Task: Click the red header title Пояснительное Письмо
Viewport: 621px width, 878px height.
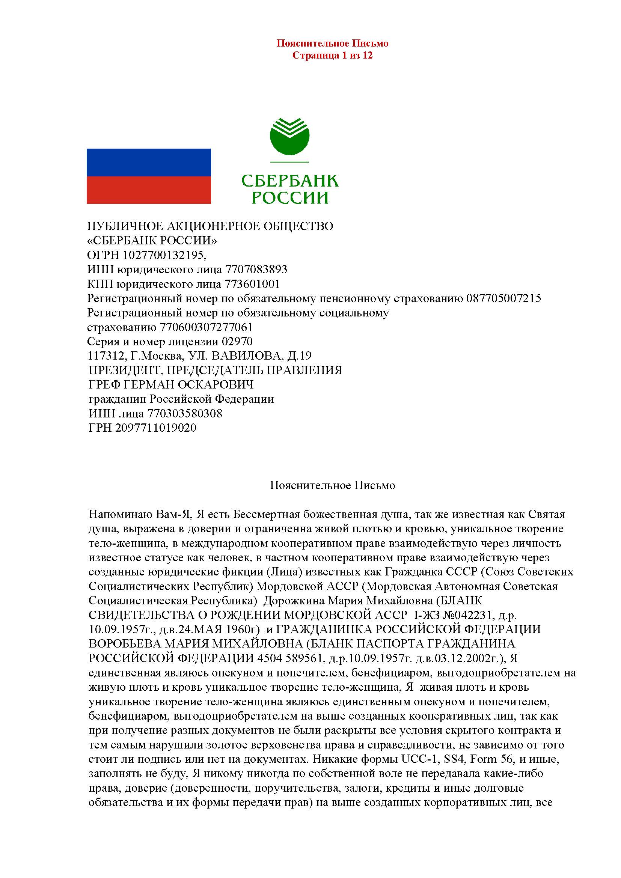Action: (x=332, y=43)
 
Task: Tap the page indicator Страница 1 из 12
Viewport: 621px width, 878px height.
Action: (x=332, y=56)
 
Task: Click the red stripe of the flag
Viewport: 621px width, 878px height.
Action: (x=149, y=190)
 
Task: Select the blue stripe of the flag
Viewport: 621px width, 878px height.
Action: (x=149, y=162)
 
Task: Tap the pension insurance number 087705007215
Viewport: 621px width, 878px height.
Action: (x=503, y=298)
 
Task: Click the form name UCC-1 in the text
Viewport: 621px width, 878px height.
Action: (x=418, y=759)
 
